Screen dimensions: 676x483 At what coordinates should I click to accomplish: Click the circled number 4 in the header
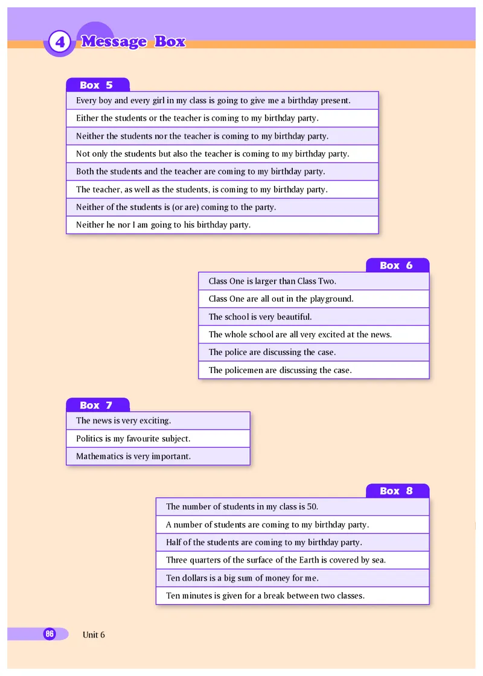59,42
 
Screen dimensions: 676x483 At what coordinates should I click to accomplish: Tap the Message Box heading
133,42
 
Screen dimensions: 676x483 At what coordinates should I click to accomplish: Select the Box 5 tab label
97,85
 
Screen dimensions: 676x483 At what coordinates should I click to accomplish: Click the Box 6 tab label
397,266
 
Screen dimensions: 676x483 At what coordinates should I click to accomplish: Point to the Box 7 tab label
97,405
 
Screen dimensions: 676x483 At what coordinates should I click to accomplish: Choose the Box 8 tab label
397,491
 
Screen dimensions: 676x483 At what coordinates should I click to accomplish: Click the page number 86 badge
50,634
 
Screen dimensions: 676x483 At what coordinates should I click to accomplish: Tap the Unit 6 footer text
94,634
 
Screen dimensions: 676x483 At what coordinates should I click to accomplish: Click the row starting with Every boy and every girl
213,101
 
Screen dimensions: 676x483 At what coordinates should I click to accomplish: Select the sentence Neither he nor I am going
163,225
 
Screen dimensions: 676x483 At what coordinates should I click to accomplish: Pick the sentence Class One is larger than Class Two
272,281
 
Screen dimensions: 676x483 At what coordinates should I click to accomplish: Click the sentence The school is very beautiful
260,317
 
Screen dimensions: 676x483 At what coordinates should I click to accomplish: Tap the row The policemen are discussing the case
280,370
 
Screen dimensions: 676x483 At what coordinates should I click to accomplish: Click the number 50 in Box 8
312,507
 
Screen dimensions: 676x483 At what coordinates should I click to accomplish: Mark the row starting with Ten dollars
242,578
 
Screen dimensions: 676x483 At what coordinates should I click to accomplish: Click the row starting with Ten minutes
265,596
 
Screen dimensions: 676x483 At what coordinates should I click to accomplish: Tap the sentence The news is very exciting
124,421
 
